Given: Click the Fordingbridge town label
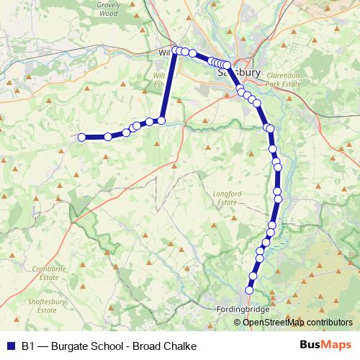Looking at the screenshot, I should (x=242, y=310).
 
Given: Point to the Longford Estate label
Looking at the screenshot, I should (x=225, y=198).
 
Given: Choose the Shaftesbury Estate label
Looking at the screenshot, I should (x=41, y=305).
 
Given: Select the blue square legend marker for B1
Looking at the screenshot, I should (x=10, y=346).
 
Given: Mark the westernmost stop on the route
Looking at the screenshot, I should (x=82, y=137).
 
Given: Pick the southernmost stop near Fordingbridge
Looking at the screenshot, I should (x=250, y=290).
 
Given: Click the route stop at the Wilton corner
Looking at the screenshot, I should (x=175, y=50).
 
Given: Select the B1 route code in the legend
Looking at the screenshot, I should (x=29, y=346).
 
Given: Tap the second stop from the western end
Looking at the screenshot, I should (x=108, y=137).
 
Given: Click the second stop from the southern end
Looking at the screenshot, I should (x=253, y=276).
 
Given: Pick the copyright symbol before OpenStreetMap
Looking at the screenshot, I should (x=237, y=322).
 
